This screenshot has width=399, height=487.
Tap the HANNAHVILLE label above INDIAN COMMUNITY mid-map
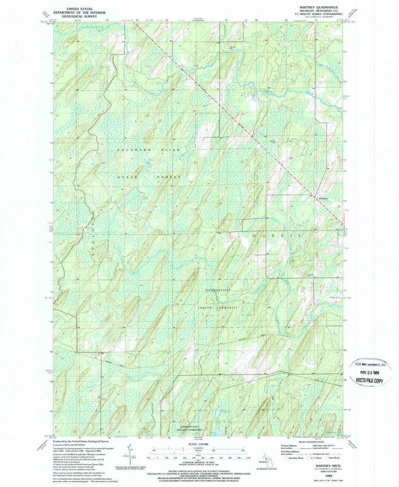point(218,290)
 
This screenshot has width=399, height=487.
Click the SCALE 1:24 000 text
point(198,444)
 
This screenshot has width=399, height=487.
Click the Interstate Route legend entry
point(296,457)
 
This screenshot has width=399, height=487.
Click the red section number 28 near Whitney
point(290,159)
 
